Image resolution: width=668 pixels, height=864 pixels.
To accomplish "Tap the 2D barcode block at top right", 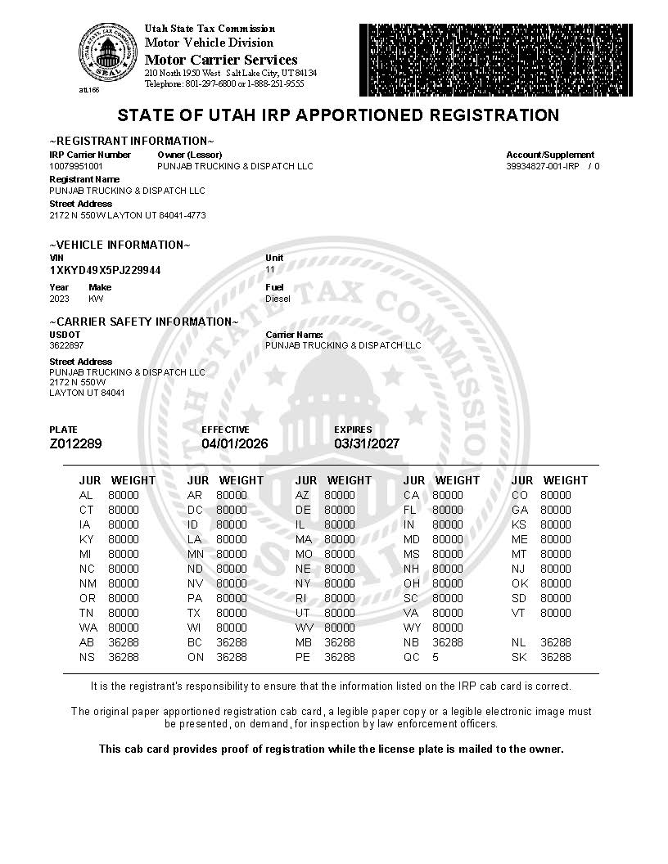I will (x=495, y=61).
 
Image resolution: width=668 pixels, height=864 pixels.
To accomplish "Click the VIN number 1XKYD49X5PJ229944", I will (x=106, y=270).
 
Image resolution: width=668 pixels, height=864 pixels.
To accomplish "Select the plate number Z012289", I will (x=76, y=443).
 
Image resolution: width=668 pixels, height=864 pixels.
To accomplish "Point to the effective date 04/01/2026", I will (x=235, y=443).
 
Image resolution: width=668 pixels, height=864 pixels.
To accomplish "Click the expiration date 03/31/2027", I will (x=367, y=443).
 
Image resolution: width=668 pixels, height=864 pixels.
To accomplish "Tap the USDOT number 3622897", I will (x=66, y=345).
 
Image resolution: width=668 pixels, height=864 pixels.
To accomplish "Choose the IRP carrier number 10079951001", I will (x=77, y=166).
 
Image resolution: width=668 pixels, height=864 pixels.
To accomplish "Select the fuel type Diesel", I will (x=278, y=299).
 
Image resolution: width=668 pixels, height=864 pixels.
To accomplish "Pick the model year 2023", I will (x=60, y=299).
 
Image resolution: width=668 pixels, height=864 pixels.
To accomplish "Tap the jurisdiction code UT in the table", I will (x=303, y=613).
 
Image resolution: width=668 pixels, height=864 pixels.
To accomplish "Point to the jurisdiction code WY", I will (x=412, y=628).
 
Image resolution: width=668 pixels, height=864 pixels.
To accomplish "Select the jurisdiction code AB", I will (x=87, y=642).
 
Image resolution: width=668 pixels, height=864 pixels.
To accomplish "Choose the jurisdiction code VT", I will (x=519, y=613).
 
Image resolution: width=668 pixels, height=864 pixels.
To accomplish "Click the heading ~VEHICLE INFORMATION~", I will (x=120, y=245).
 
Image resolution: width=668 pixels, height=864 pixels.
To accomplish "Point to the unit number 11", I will (x=270, y=269).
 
